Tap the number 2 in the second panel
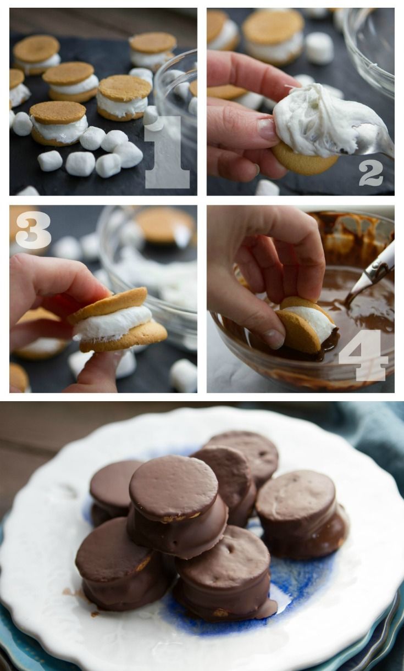click(x=371, y=174)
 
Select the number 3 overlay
click(x=33, y=230)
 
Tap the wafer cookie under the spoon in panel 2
click(x=304, y=159)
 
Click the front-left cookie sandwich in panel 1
click(x=58, y=123)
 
